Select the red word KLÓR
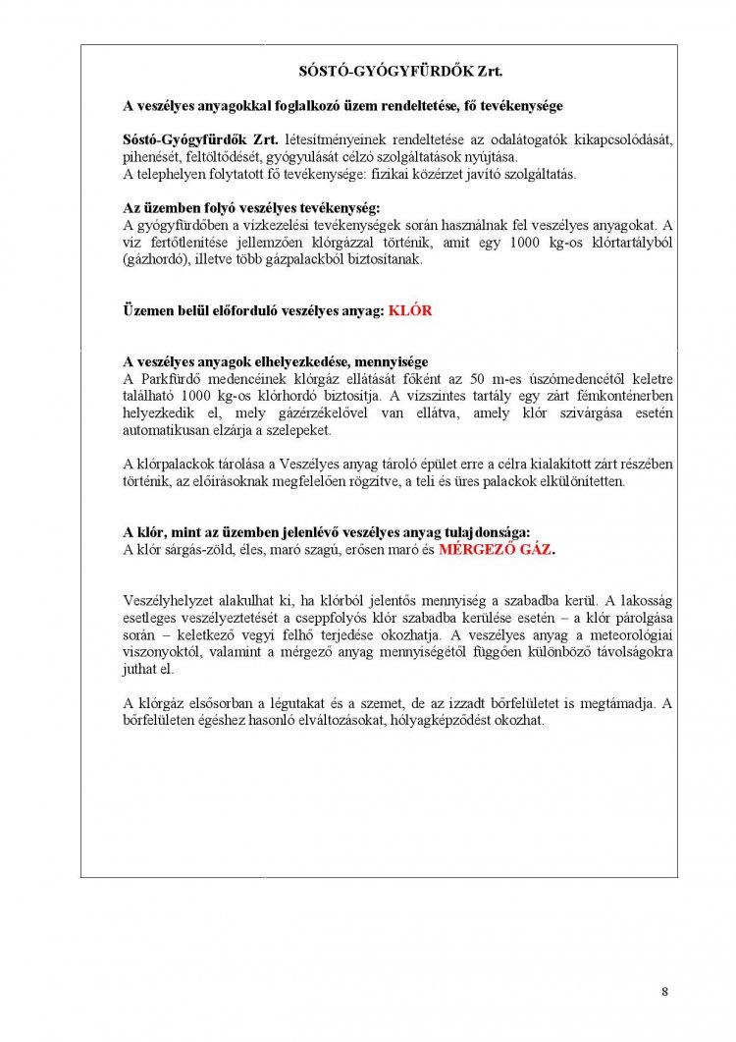click(410, 309)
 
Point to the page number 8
click(664, 991)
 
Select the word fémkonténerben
click(622, 396)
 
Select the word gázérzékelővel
click(315, 413)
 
